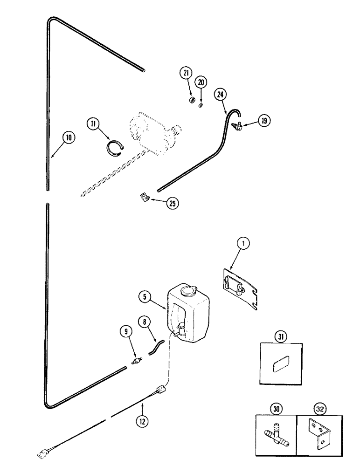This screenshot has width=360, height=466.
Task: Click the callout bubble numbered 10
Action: pos(69,137)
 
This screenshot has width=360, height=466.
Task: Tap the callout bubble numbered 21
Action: pos(186,72)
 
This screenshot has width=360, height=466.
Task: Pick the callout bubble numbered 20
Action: pos(201,82)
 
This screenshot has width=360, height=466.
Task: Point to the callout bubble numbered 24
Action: pos(221,95)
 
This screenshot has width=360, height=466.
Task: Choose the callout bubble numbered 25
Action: pos(173,203)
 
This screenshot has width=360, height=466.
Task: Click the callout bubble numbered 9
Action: pos(125,333)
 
